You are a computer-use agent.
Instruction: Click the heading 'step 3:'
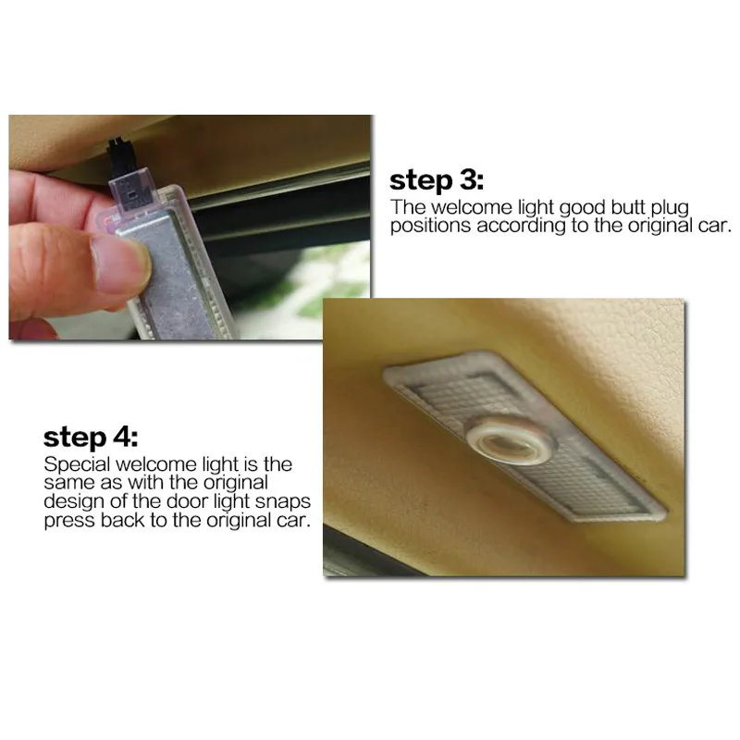click(437, 181)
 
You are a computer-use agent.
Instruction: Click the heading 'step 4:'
click(91, 438)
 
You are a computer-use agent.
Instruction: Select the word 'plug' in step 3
click(670, 209)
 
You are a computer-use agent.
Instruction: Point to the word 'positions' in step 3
click(430, 226)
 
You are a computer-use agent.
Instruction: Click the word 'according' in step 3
click(521, 227)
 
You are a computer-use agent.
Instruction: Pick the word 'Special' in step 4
click(77, 465)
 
